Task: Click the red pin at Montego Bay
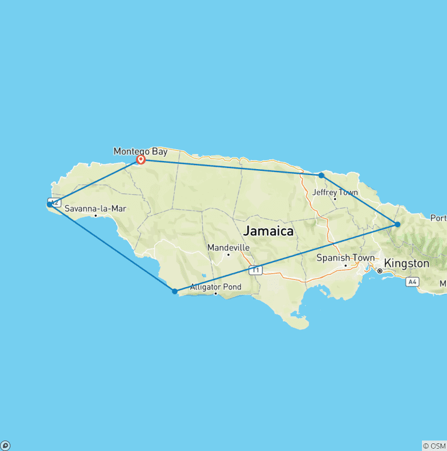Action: pos(140,158)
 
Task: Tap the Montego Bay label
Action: pos(140,151)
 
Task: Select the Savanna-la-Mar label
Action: pos(95,209)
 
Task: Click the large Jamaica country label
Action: pos(268,231)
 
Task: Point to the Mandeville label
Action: pos(228,248)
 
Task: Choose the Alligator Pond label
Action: pos(215,287)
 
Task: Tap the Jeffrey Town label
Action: pos(335,192)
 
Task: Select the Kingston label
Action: pos(406,263)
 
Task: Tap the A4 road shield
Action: pos(412,282)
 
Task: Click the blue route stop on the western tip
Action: pos(49,204)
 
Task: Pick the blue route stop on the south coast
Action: pos(175,291)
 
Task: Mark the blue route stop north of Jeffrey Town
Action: pos(321,175)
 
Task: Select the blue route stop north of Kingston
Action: pos(398,224)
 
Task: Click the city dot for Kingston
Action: pos(379,271)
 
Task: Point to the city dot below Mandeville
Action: pos(228,255)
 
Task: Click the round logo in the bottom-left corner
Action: pos(5,446)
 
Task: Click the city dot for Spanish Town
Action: pos(345,266)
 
